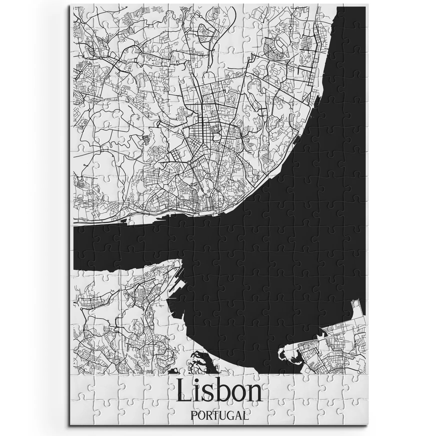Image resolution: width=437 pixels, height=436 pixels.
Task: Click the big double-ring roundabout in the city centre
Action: (189, 163)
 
